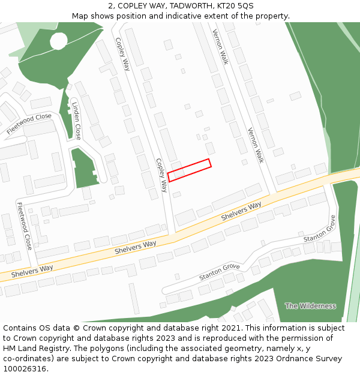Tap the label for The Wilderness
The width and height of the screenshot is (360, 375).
click(310, 306)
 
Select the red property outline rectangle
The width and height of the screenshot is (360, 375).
click(190, 170)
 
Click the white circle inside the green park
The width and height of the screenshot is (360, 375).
click(59, 41)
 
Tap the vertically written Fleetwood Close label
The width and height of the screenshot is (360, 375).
click(25, 226)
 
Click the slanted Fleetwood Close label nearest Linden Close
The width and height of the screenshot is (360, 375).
click(29, 124)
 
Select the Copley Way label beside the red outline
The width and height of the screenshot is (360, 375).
click(161, 175)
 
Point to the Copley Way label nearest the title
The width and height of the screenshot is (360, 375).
click(122, 54)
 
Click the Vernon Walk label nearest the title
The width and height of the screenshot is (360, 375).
click(220, 47)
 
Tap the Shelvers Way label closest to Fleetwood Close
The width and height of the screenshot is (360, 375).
click(32, 271)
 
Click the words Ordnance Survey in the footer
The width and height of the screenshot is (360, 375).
click(313, 359)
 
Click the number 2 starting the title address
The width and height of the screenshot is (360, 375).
click(111, 6)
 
